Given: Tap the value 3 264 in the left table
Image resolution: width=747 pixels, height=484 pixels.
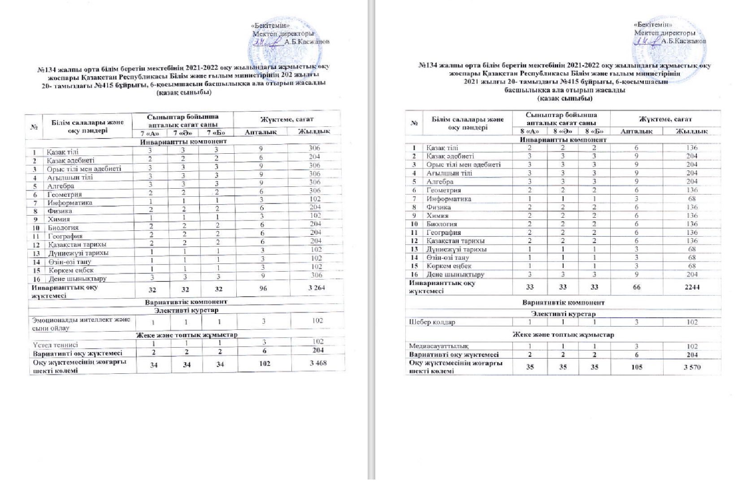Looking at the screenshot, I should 317,288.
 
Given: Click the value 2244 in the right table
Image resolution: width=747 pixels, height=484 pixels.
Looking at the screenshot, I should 692,286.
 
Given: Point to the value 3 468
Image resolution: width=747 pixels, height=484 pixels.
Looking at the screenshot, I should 318,363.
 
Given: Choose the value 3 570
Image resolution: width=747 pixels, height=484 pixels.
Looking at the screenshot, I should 692,367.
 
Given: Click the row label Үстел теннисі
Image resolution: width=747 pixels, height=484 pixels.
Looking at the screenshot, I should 56,345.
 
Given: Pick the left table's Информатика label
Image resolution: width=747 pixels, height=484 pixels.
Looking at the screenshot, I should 70,203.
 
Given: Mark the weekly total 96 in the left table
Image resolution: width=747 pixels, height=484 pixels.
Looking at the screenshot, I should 263,288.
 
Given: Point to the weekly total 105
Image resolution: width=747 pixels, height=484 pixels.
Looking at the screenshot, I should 636,367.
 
